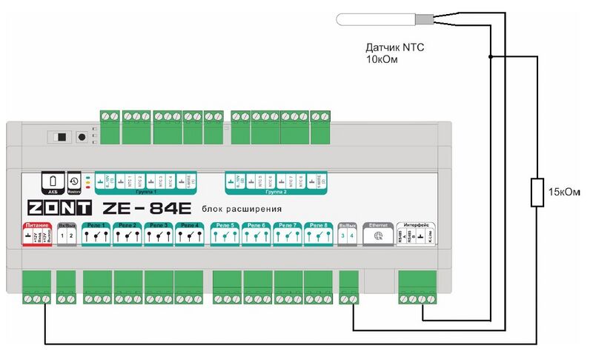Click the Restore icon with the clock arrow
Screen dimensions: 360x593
(73, 181)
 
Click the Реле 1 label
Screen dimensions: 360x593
(96, 224)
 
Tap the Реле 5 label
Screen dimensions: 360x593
(225, 224)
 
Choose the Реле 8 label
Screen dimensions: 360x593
(318, 224)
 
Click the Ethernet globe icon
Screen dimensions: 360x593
(379, 236)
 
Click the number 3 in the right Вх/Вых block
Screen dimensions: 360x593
(343, 236)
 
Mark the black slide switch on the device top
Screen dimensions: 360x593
(60, 137)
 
